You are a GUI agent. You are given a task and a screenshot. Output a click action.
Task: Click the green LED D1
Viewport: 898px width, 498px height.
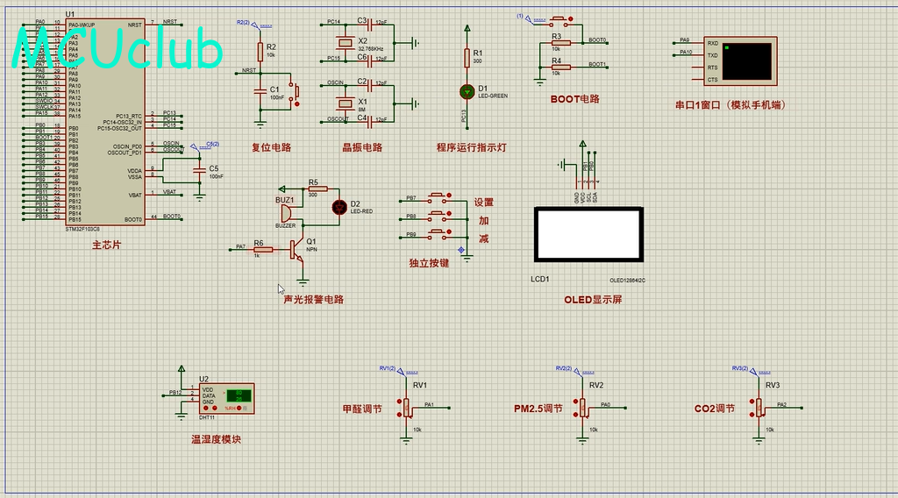pyautogui.click(x=466, y=90)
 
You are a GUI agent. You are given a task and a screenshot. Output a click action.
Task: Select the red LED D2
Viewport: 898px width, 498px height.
pyautogui.click(x=339, y=207)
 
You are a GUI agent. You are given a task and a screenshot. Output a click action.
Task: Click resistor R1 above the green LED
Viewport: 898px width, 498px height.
pyautogui.click(x=466, y=58)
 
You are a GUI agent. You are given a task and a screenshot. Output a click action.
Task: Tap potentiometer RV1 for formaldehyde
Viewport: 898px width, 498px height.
pyautogui.click(x=406, y=407)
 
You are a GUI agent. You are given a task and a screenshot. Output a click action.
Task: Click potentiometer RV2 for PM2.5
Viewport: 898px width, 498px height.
pyautogui.click(x=581, y=407)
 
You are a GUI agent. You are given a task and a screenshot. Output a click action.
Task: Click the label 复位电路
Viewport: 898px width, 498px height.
pyautogui.click(x=271, y=148)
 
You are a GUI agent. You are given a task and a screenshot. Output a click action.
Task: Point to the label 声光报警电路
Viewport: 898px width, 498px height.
pyautogui.click(x=313, y=300)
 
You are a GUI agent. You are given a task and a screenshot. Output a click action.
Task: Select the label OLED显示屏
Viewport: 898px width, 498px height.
pyautogui.click(x=593, y=300)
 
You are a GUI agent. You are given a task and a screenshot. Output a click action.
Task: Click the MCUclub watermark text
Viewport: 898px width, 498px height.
pyautogui.click(x=119, y=51)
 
